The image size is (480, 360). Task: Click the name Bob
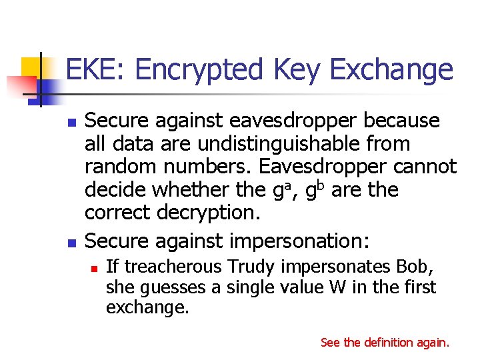(419, 267)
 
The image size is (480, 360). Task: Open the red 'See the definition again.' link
(385, 342)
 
